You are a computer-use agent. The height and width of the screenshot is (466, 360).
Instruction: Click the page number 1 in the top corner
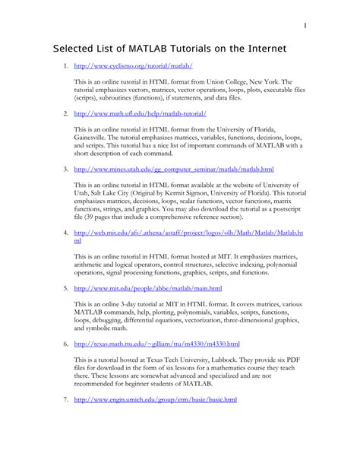coord(305,26)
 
